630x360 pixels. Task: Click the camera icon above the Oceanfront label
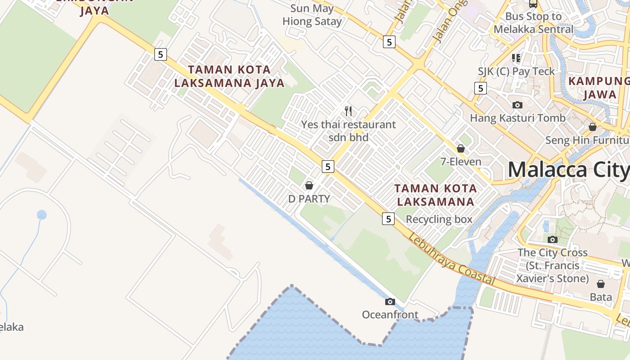tap(390, 301)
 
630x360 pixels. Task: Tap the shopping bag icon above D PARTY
tap(309, 185)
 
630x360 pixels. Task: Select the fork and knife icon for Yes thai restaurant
tap(348, 111)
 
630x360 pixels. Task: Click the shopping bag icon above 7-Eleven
tap(460, 148)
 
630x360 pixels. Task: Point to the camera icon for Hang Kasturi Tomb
tap(517, 105)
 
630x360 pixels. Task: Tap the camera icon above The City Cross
tap(553, 239)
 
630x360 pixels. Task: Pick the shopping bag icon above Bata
tap(601, 284)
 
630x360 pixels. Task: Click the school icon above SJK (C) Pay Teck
tap(516, 58)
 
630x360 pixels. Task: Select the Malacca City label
tap(568, 170)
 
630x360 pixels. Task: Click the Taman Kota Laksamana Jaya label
tap(229, 76)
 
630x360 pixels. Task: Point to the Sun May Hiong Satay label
tap(312, 15)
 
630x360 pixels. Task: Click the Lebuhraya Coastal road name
tap(451, 260)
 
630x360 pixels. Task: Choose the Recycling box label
tap(439, 219)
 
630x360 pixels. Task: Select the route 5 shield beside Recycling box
tap(388, 219)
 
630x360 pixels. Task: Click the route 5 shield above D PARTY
tap(328, 166)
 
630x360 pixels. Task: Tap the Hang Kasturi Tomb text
tap(517, 118)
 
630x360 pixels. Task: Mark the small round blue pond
tap(41, 215)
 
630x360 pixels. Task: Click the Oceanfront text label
tap(390, 315)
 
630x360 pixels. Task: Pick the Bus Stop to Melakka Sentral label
tap(533, 23)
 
